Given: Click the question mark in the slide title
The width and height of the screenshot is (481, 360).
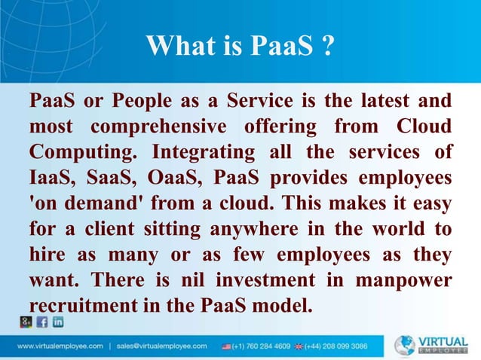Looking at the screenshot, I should click(x=327, y=46).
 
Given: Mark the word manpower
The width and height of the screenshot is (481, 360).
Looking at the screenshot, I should click(x=403, y=280).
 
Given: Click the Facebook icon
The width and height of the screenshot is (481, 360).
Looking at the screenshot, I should click(x=42, y=322).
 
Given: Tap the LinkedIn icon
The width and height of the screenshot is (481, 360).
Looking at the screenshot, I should click(x=58, y=322).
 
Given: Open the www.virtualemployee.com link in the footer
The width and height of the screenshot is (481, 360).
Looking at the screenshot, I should click(x=60, y=346).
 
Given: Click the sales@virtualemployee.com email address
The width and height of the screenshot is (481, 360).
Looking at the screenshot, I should click(x=162, y=346).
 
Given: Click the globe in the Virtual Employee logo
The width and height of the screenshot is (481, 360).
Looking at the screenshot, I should click(x=405, y=345).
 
